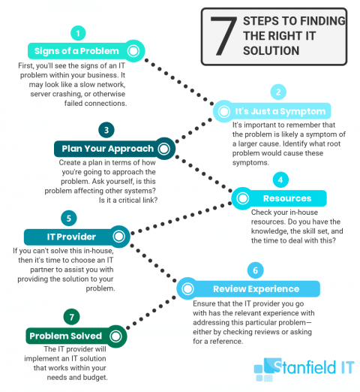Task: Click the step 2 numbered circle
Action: (277, 92)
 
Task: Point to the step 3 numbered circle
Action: (107, 130)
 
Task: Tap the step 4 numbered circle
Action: (280, 180)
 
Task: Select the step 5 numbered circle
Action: (67, 219)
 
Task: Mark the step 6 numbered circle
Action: (254, 270)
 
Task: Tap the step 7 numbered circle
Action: (72, 315)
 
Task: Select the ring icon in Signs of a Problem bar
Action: (133, 51)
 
